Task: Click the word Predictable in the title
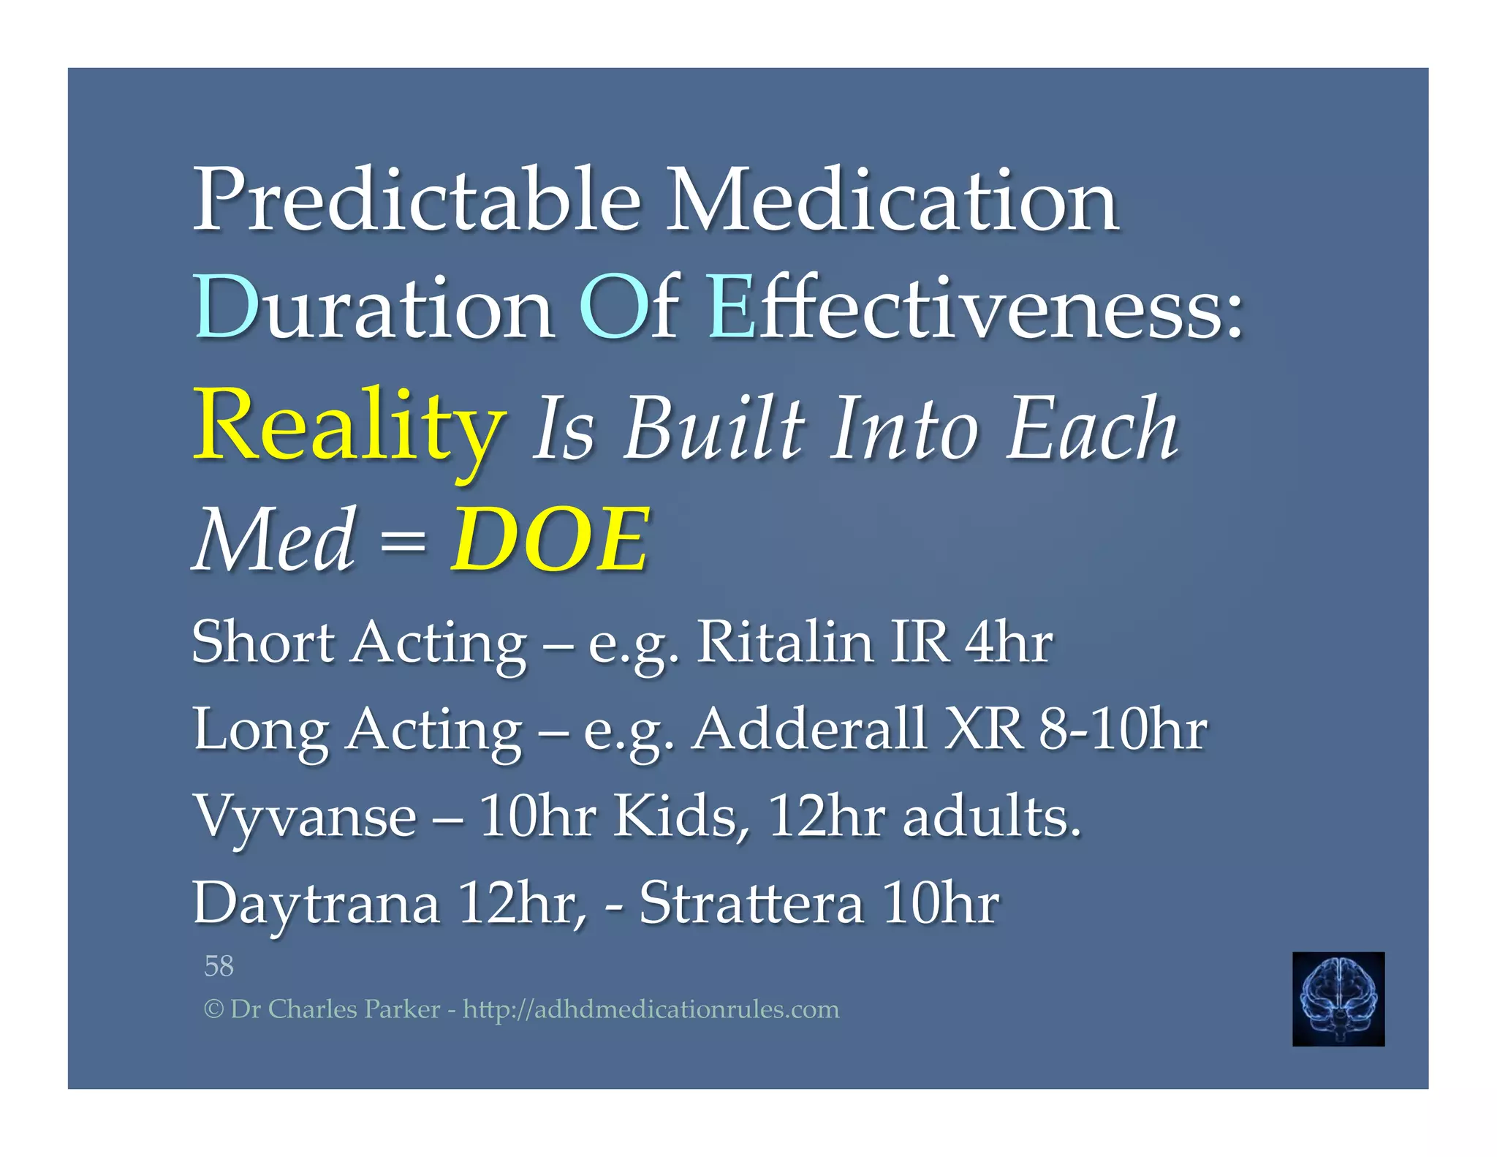(x=417, y=200)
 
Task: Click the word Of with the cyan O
(x=629, y=307)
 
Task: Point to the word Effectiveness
(x=976, y=307)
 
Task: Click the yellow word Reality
(x=349, y=428)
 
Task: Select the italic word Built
(x=714, y=430)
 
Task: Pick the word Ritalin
(x=784, y=642)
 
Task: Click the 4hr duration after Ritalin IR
(x=1009, y=642)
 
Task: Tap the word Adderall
(x=809, y=729)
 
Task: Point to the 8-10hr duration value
(x=1123, y=729)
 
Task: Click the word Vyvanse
(x=305, y=817)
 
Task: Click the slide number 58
(x=219, y=966)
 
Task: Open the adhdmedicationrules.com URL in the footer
(x=651, y=1009)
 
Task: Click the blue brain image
(x=1338, y=998)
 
